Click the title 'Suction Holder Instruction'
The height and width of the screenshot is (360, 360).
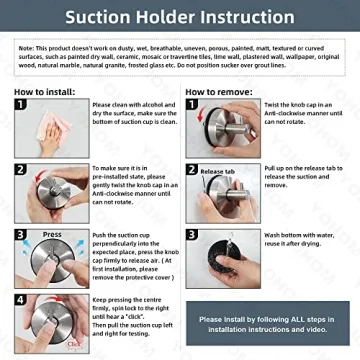180,18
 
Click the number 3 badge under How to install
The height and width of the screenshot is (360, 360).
21,236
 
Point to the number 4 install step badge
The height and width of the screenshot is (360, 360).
21,299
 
